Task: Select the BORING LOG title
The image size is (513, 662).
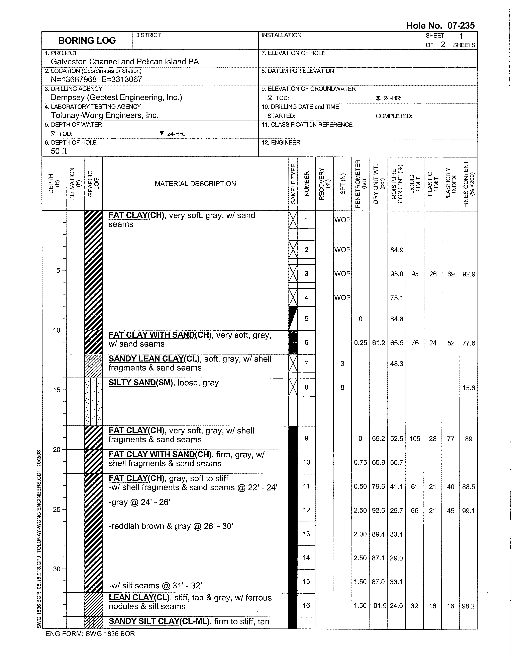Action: (x=87, y=41)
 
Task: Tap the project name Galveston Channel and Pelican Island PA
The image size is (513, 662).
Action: (x=125, y=62)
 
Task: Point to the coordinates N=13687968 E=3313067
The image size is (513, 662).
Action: (x=96, y=80)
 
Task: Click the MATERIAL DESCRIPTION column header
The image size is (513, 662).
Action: (x=195, y=184)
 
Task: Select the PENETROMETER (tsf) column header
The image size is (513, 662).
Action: (x=360, y=184)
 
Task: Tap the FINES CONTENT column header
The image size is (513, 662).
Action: (x=469, y=184)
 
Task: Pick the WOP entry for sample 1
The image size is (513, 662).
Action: (x=342, y=220)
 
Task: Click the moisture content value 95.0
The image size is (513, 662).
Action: (x=396, y=274)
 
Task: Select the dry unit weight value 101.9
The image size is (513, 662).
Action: (x=378, y=606)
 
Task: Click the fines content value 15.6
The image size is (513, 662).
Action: (x=469, y=388)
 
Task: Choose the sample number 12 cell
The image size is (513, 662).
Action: (x=306, y=510)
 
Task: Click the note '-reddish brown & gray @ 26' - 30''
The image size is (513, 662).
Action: (x=171, y=526)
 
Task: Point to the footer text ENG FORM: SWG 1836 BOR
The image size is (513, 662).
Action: (x=90, y=634)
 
